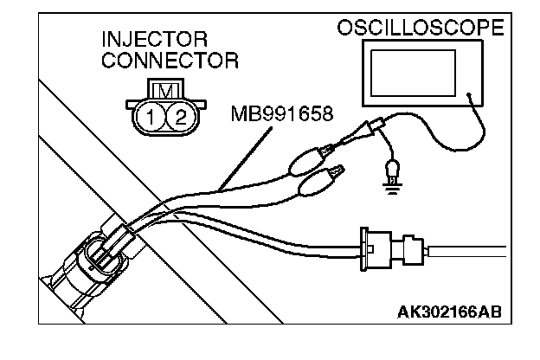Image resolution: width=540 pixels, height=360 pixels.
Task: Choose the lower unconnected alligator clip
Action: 317,183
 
